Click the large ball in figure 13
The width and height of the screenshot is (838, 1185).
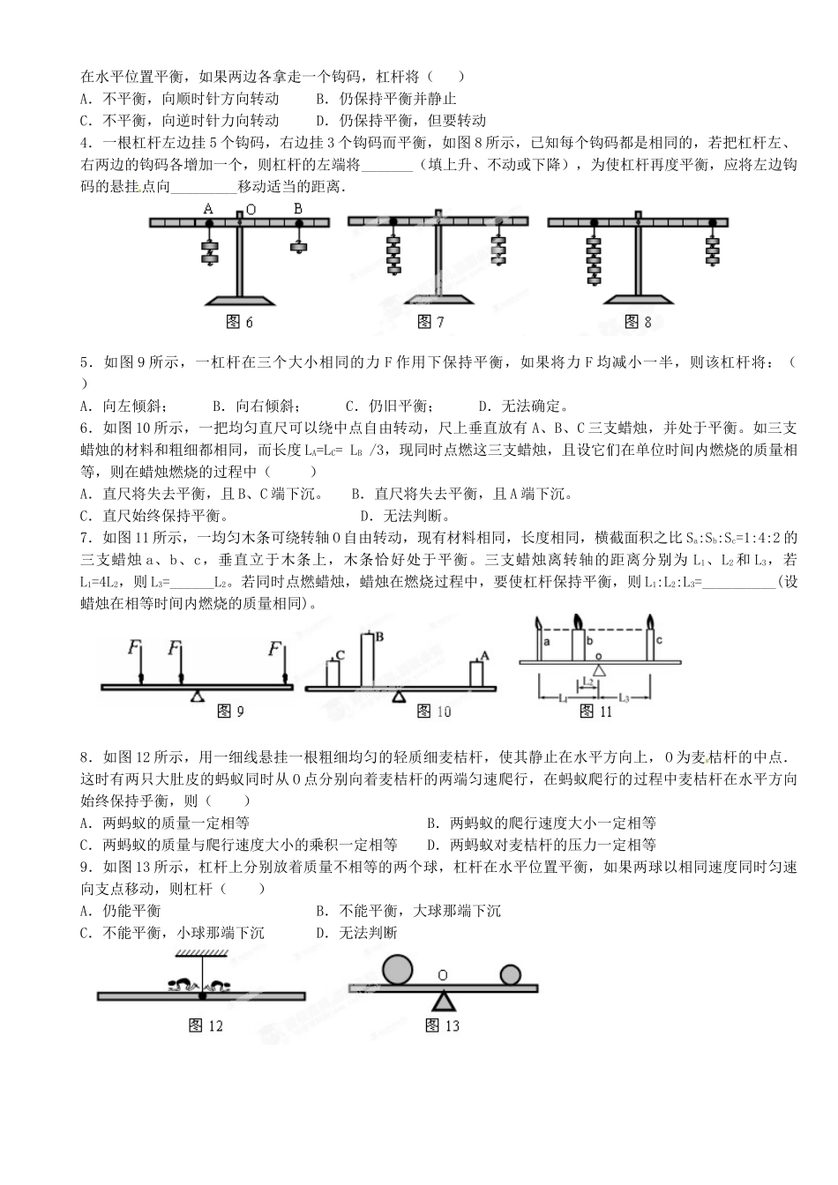coord(397,970)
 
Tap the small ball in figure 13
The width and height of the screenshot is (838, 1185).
coord(511,976)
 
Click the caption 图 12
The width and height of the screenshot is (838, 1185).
coord(206,1025)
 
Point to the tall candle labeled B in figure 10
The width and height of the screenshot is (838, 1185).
coord(367,659)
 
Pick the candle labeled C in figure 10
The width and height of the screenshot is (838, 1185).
coord(333,672)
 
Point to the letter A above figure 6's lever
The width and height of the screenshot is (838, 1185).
coord(208,210)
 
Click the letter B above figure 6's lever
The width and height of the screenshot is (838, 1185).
coord(298,210)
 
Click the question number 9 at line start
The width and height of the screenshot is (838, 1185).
coord(84,868)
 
